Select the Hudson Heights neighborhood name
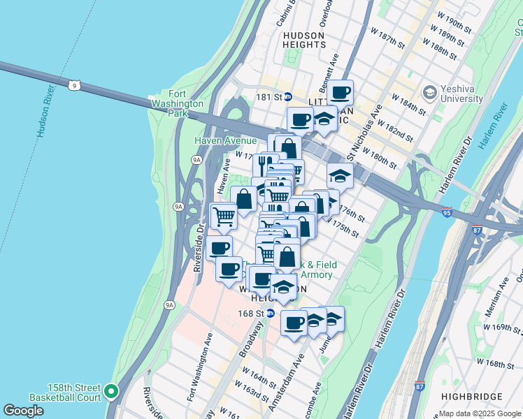tap(303, 40)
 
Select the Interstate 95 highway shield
tap(447, 209)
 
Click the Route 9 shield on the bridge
tap(83, 85)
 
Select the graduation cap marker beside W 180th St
tap(339, 175)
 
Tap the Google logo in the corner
tap(23, 411)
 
